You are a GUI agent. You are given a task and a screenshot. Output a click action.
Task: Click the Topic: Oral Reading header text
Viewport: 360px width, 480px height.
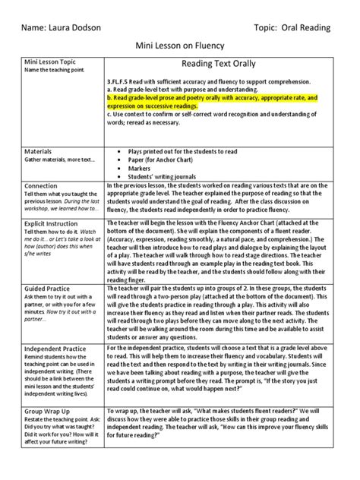(x=283, y=28)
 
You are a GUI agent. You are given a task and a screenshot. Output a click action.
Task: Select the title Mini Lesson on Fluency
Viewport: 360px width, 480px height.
(x=179, y=47)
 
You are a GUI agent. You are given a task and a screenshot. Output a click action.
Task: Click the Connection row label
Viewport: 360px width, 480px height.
(x=41, y=185)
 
